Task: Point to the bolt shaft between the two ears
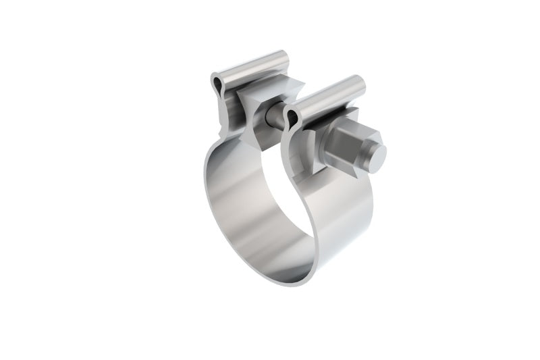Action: tap(275, 116)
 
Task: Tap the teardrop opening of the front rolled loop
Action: tap(292, 120)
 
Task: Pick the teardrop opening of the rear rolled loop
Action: tap(217, 84)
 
